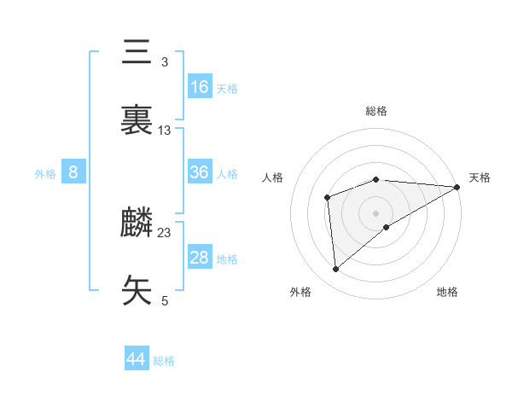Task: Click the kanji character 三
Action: [137, 54]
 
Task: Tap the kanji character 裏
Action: [137, 120]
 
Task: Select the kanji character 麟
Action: [137, 223]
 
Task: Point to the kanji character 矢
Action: [137, 290]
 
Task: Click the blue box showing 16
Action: [200, 87]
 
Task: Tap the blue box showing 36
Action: [200, 172]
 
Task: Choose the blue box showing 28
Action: [200, 258]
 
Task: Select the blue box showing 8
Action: [73, 172]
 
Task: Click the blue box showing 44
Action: [137, 358]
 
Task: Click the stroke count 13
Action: [165, 131]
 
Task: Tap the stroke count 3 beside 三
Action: [165, 62]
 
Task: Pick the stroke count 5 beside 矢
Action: [165, 300]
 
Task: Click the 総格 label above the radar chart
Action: [376, 111]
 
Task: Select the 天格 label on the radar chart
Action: [480, 177]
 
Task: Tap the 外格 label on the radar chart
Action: [300, 292]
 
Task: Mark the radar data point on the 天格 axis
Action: [457, 187]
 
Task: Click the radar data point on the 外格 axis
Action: [336, 269]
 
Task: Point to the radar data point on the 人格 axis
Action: [328, 198]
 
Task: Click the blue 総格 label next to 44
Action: [164, 361]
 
